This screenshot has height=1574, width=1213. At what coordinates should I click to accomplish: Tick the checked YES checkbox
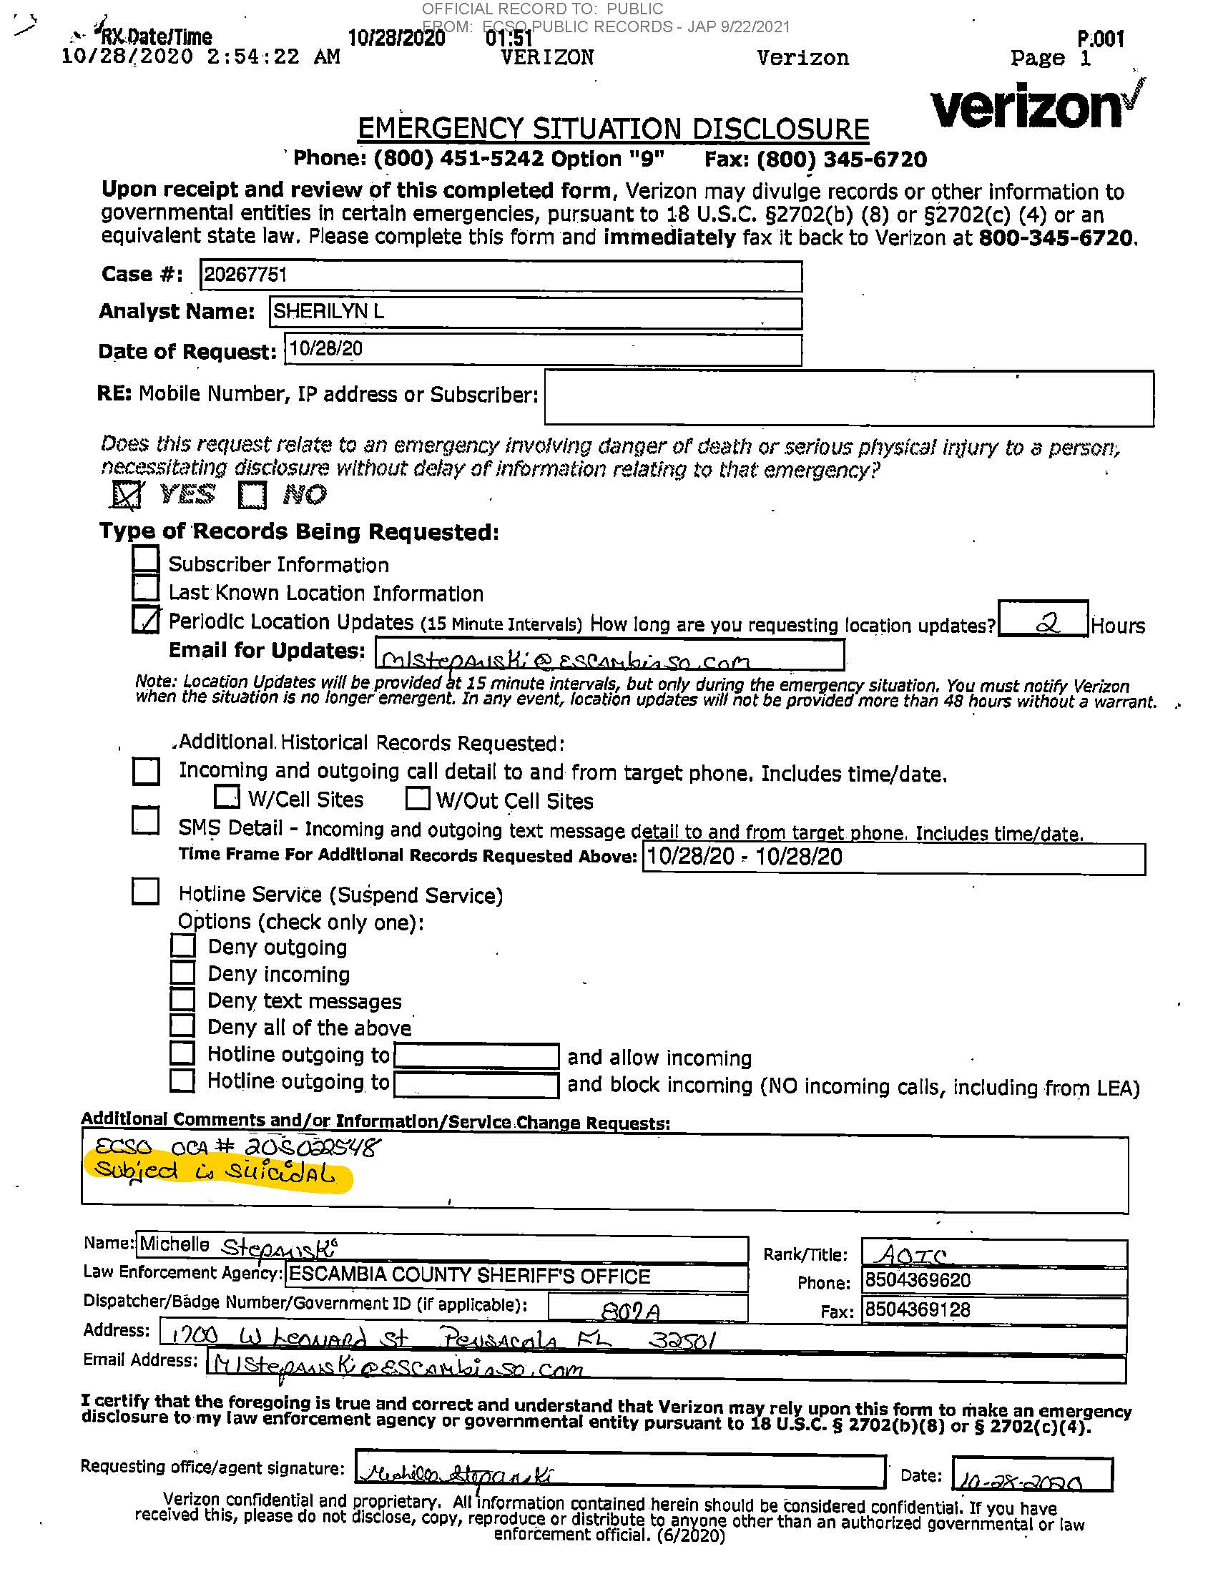(127, 494)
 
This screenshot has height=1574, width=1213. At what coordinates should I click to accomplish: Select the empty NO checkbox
(252, 495)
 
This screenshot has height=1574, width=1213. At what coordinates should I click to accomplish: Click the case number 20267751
(245, 275)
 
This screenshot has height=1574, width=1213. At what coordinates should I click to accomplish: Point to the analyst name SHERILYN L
(328, 311)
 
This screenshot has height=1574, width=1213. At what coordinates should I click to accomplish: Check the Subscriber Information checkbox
(147, 559)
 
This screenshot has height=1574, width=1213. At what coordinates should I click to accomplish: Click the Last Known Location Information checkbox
(147, 588)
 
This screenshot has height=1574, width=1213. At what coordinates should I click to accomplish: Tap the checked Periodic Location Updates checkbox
(147, 619)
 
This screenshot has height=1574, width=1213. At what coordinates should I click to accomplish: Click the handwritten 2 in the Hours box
(1046, 623)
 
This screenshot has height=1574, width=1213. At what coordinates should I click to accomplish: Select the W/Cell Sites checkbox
(227, 797)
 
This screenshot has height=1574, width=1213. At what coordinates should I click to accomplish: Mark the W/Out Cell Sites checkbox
(418, 799)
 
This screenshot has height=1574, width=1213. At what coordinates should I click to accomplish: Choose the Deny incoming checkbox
(183, 973)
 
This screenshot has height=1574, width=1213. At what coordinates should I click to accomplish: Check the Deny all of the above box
(183, 1025)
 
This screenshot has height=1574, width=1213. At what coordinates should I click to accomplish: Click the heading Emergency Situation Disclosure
(613, 129)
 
